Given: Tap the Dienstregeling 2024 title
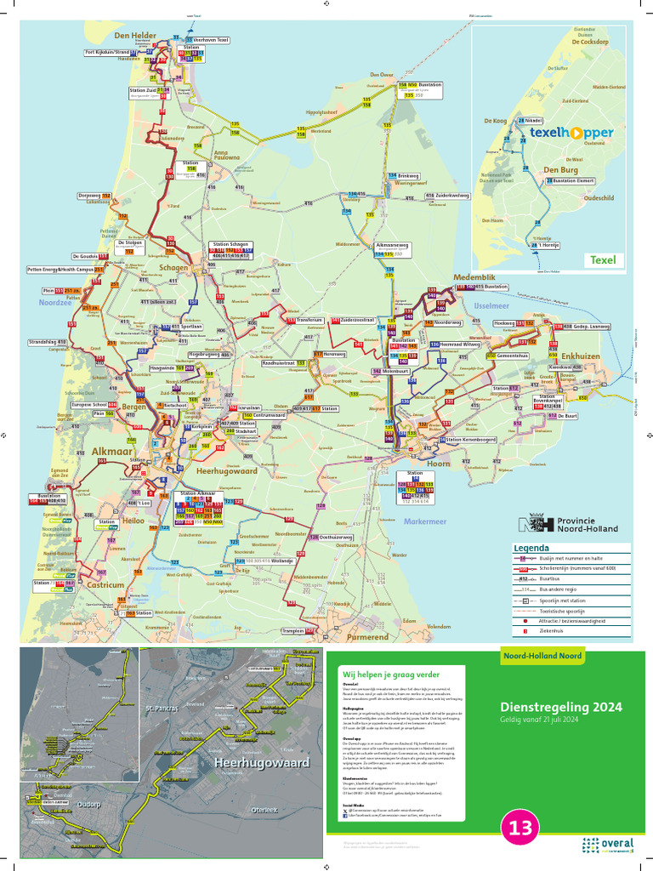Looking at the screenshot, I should [560, 707].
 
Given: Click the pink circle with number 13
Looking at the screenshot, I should [520, 828].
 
